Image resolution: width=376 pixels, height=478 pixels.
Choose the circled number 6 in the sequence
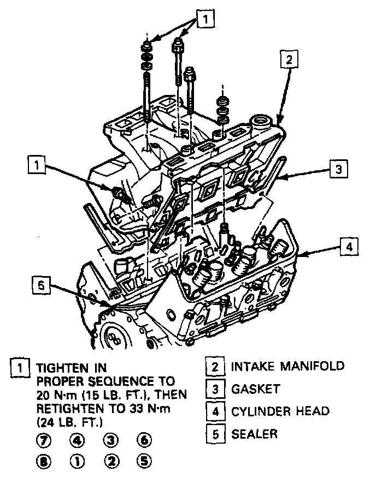pyautogui.click(x=144, y=440)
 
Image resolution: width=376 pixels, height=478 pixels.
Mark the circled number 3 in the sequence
pyautogui.click(x=110, y=440)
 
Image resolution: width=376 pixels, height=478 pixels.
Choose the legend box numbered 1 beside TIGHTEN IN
pyautogui.click(x=20, y=367)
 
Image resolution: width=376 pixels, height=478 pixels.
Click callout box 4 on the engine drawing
pyautogui.click(x=348, y=246)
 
